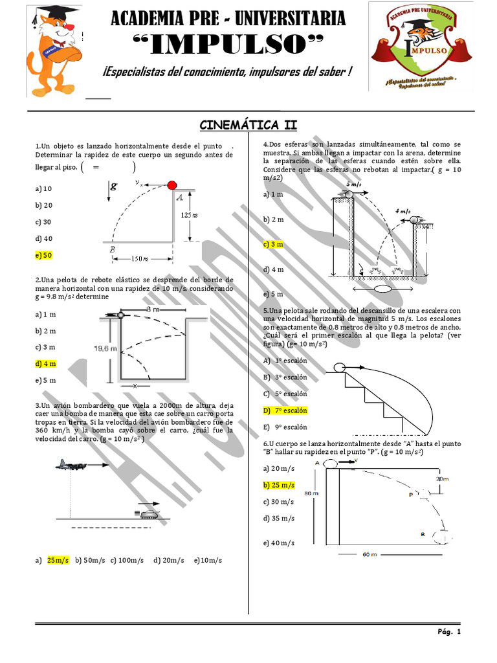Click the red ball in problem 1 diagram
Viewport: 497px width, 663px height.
tap(172, 186)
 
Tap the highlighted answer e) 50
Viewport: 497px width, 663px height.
tap(44, 255)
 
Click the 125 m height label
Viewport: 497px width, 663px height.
tap(189, 214)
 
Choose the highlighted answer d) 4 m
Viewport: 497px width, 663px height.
tap(46, 364)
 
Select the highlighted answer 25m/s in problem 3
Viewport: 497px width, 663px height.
tap(58, 560)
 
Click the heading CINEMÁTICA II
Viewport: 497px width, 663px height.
tap(248, 125)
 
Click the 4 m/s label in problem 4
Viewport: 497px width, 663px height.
tap(404, 211)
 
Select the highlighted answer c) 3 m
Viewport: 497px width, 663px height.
tap(273, 244)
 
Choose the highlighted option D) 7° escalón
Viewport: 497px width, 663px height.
tap(285, 410)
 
